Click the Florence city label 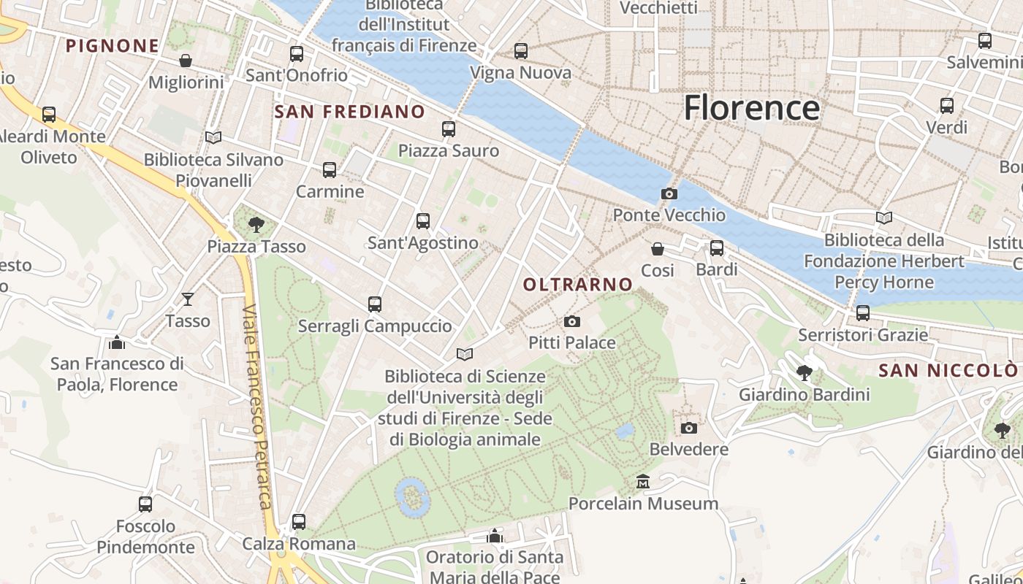tap(751, 108)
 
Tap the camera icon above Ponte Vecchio tap(669, 193)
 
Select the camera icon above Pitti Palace tap(572, 321)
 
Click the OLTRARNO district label tap(578, 285)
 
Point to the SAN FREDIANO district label tap(349, 112)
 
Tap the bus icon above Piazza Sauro tap(449, 129)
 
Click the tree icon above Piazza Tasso tap(256, 224)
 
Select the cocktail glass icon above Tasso tap(188, 299)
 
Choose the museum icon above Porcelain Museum tap(643, 482)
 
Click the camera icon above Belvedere tap(688, 428)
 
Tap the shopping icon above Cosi tap(658, 249)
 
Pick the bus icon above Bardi tap(717, 248)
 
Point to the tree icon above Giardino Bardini tap(805, 373)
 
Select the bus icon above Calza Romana tap(298, 522)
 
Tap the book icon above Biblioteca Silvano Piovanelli tap(213, 137)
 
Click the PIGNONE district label tap(113, 46)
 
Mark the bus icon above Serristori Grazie tap(863, 313)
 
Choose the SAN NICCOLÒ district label tap(947, 371)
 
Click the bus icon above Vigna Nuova tap(520, 51)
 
